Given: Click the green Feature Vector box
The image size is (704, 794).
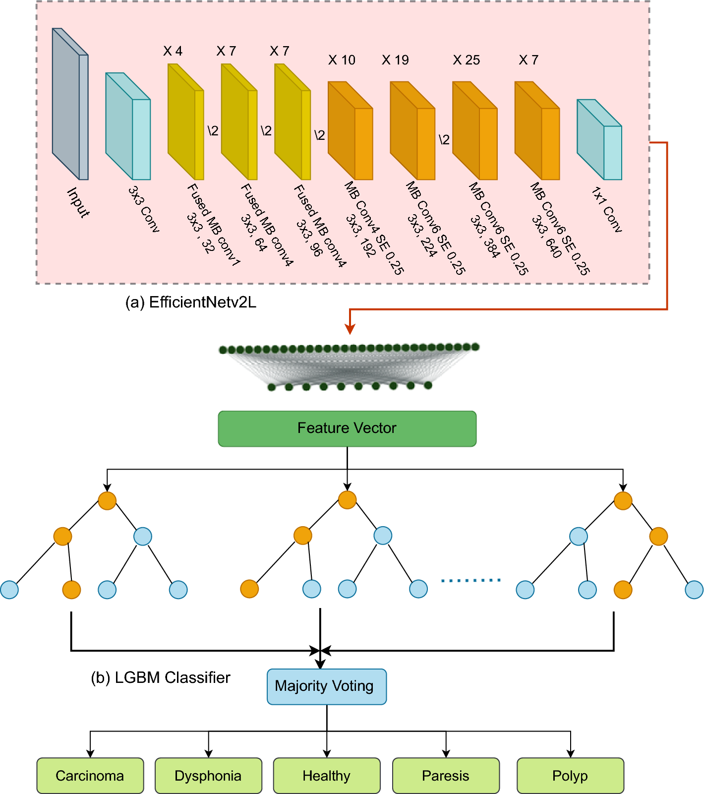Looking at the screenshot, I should tap(347, 428).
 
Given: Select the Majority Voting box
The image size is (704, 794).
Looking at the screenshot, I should tap(326, 686).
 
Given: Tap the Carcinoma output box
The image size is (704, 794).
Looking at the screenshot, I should tap(90, 776).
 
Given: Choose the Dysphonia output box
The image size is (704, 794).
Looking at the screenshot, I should tap(208, 776).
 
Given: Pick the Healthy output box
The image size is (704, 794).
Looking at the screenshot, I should tap(326, 776).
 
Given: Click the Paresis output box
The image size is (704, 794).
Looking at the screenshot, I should tap(446, 776).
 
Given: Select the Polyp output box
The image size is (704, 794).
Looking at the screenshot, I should tap(570, 776).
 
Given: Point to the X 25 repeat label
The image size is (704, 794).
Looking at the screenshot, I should tap(467, 60).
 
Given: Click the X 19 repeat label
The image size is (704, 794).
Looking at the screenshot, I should tap(395, 60).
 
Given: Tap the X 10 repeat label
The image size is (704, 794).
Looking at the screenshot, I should tap(342, 60).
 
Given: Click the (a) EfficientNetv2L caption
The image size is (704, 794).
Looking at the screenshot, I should tap(191, 302).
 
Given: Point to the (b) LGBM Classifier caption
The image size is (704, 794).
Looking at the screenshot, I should tap(161, 677).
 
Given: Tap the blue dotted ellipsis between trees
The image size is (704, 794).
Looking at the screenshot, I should tap(470, 580).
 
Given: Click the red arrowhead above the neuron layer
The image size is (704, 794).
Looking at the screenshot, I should tap(350, 329).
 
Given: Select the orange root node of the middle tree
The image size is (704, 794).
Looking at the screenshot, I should tap(347, 500).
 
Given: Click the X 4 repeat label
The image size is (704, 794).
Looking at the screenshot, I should tap(173, 51).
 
